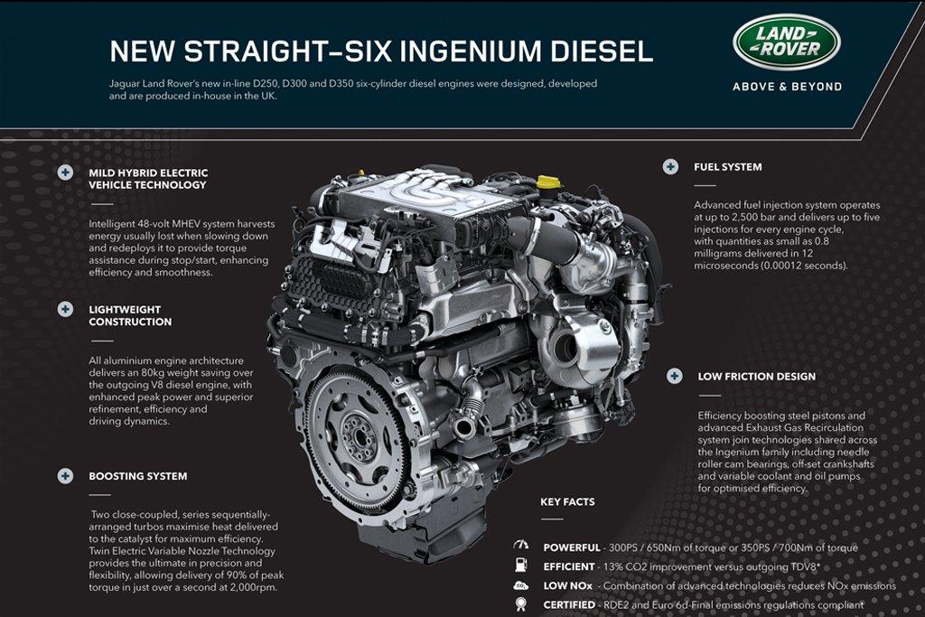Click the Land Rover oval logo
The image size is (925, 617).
click(x=787, y=42)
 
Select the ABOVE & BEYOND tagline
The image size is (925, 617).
click(x=787, y=87)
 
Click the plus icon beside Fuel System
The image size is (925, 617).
click(x=670, y=167)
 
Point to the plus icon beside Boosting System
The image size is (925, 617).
click(x=65, y=476)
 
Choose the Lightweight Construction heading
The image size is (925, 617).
click(x=130, y=315)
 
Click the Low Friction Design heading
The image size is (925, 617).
click(x=756, y=377)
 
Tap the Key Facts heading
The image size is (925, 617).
click(x=567, y=502)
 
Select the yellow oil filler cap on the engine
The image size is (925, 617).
click(x=548, y=181)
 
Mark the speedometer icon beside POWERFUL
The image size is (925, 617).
click(x=521, y=545)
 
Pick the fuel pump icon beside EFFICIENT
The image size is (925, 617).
click(x=521, y=566)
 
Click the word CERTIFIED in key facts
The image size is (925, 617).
click(x=569, y=604)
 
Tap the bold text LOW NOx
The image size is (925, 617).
click(x=567, y=585)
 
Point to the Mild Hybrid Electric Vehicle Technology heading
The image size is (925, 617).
click(x=148, y=179)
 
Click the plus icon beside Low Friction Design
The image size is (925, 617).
click(x=674, y=377)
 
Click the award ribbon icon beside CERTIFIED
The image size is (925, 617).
click(x=521, y=604)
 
